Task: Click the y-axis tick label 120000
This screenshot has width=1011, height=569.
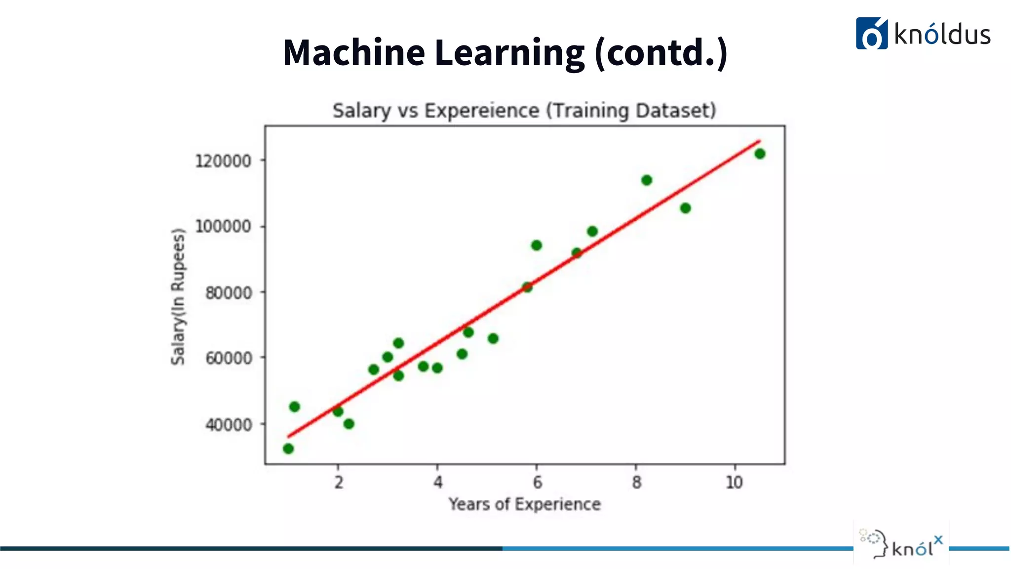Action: (x=223, y=161)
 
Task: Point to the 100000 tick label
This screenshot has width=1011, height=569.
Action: (x=223, y=227)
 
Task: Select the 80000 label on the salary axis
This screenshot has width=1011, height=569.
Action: (x=228, y=293)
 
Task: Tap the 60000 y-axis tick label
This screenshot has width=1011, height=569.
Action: (x=228, y=358)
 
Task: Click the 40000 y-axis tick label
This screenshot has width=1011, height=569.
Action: (x=228, y=424)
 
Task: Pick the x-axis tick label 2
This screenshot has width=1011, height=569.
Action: (x=339, y=482)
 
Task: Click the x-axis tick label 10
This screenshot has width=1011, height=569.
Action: (x=734, y=482)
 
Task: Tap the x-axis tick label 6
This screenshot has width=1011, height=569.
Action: (x=537, y=482)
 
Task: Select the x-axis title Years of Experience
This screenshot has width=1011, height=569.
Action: (x=524, y=504)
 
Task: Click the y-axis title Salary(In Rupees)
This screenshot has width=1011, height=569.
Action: (x=178, y=296)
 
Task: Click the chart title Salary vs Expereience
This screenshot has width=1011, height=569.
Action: (x=524, y=111)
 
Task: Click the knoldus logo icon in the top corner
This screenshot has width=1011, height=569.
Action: (x=871, y=34)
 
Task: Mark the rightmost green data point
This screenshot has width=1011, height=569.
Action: (x=760, y=154)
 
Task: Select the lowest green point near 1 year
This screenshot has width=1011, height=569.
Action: (x=288, y=448)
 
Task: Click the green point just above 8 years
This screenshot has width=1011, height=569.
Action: (x=647, y=180)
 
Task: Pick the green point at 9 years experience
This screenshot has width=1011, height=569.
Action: (x=685, y=208)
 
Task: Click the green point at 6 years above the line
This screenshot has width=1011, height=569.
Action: (x=537, y=245)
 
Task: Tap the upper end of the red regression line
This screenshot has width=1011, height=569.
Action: (x=759, y=142)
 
